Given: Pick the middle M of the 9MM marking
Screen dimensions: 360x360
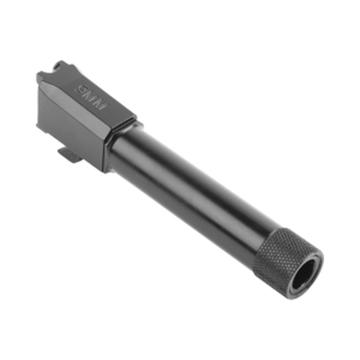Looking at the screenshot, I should point(93,95).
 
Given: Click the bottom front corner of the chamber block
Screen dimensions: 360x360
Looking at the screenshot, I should point(106,169).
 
